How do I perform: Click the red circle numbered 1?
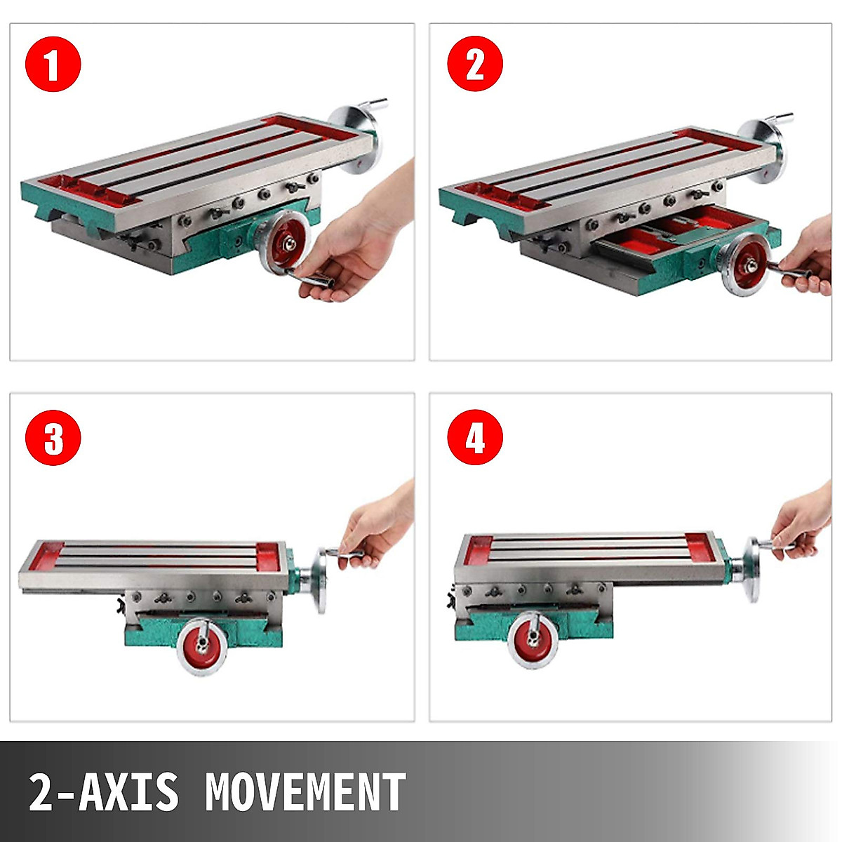click(x=53, y=65)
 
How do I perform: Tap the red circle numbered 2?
click(x=475, y=65)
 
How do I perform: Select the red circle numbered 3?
click(x=53, y=439)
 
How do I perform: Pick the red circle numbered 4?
click(x=475, y=439)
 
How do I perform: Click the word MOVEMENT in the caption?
click(x=305, y=792)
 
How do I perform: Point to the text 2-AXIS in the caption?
click(x=103, y=792)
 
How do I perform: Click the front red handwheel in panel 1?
click(x=283, y=246)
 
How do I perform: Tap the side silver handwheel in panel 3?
click(x=322, y=580)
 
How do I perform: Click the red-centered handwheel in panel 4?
click(x=533, y=639)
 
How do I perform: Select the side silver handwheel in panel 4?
click(x=753, y=570)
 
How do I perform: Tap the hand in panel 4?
click(x=803, y=523)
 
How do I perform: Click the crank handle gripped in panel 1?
click(x=316, y=281)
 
